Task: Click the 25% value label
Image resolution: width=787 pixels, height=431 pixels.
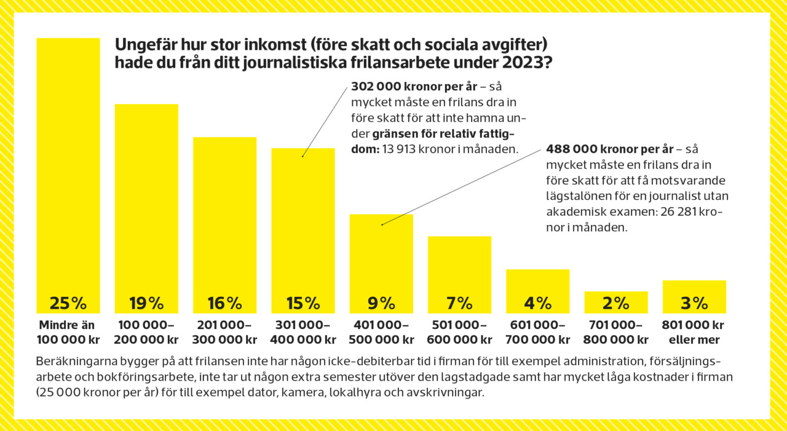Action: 68,303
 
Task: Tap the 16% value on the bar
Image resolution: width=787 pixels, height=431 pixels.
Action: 224,303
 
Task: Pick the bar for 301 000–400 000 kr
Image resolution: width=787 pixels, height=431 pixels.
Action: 303,227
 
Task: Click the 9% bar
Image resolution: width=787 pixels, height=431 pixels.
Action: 381,261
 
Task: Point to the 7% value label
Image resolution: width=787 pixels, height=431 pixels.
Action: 459,303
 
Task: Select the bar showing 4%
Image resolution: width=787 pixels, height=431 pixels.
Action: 537,289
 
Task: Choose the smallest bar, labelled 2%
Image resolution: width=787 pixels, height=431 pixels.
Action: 615,301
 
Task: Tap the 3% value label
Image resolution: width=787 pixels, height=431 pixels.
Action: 694,303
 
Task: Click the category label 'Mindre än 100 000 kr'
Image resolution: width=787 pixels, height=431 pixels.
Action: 68,332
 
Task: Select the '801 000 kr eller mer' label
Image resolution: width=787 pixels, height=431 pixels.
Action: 694,332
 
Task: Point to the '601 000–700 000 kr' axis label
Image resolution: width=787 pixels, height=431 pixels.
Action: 537,332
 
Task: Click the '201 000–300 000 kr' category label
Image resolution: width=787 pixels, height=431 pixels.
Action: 224,332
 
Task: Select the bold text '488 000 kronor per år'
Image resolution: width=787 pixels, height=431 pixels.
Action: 609,149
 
